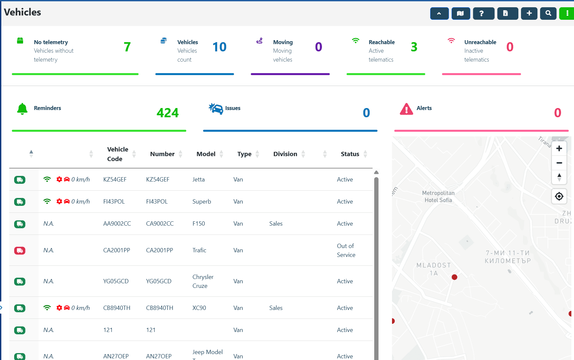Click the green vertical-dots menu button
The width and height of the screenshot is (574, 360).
(567, 14)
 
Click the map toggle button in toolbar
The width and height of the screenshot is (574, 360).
(460, 14)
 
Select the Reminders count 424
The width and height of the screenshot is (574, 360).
(168, 113)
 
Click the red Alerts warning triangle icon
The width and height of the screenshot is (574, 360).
(406, 109)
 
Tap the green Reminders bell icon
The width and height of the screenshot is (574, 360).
(22, 109)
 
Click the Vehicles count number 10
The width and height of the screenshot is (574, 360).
(220, 47)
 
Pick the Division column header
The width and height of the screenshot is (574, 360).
(285, 154)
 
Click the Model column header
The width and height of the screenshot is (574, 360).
(206, 154)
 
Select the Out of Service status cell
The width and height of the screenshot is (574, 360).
(346, 250)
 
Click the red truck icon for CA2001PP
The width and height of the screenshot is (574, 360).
(20, 251)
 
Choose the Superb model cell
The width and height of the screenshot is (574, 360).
(202, 202)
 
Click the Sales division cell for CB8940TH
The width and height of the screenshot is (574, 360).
(276, 308)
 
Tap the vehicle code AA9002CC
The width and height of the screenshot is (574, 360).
(117, 224)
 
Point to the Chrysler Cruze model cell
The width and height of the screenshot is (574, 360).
(203, 281)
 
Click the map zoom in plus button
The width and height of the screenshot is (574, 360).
(559, 149)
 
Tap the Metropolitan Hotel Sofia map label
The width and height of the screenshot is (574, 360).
(438, 197)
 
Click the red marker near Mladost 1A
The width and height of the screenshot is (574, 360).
(455, 277)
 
